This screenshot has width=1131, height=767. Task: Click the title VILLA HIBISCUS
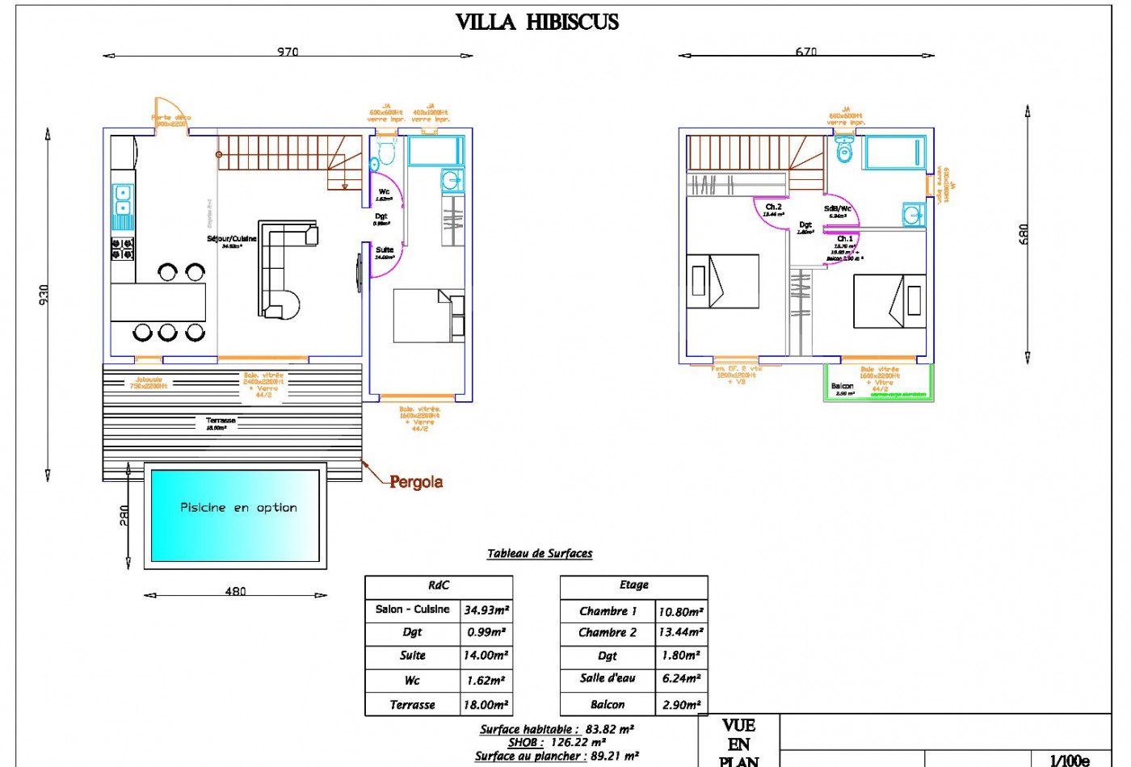537,22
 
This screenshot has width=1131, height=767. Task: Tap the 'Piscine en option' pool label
238,508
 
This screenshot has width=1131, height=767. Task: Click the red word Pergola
416,482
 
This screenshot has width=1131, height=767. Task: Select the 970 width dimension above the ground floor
288,52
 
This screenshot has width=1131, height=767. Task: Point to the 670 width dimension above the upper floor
805,52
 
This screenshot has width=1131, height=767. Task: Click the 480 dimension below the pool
235,591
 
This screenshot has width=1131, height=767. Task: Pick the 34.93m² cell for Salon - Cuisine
486,610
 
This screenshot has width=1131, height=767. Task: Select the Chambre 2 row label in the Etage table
608,633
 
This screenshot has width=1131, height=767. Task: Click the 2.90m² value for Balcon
681,705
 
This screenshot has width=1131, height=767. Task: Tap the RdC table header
439,585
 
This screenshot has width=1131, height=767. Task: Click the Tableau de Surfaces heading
540,554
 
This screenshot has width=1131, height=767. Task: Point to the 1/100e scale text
1070,760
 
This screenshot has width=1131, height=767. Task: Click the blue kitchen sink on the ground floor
123,199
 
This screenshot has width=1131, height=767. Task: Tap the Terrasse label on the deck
221,421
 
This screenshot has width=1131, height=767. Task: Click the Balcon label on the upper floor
842,387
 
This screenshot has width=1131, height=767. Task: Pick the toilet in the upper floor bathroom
844,150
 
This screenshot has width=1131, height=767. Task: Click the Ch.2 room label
773,207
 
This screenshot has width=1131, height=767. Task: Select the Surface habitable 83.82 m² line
557,729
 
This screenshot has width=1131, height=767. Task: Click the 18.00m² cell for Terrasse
486,705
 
